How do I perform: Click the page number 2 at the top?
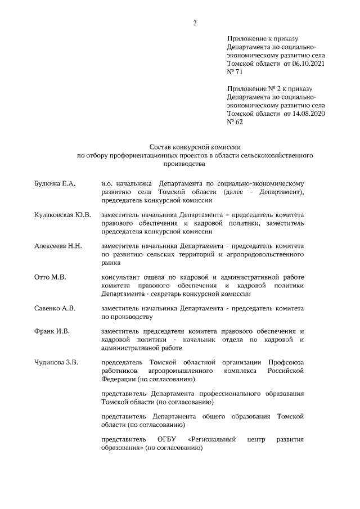(x=195, y=23)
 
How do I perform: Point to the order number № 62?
(x=235, y=121)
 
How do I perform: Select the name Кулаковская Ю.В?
(x=62, y=215)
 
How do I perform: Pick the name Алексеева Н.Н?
(x=58, y=246)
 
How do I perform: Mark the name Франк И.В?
(x=52, y=332)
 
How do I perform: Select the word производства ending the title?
(x=184, y=164)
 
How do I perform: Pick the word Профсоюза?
(x=286, y=363)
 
